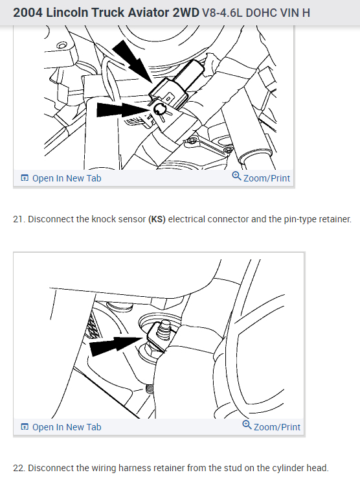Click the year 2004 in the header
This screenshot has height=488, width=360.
(x=27, y=13)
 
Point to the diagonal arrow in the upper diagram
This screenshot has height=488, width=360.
(x=133, y=62)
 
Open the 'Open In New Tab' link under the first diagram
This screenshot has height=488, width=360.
(x=61, y=178)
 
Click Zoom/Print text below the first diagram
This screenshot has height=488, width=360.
(x=266, y=178)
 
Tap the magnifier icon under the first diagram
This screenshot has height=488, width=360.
(x=236, y=176)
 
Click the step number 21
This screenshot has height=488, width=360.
(x=19, y=219)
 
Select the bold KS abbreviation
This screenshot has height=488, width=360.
(x=157, y=219)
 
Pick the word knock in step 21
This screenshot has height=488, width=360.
(x=102, y=219)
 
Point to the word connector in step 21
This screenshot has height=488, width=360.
(x=228, y=219)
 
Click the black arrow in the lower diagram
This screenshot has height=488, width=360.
(x=117, y=345)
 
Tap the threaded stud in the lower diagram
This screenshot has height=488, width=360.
(x=164, y=331)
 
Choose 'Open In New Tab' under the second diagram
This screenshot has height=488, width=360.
(x=61, y=427)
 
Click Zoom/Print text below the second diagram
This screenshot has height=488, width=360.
(x=277, y=427)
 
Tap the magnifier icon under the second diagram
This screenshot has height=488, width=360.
(x=247, y=425)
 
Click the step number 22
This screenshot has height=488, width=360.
(x=19, y=468)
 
